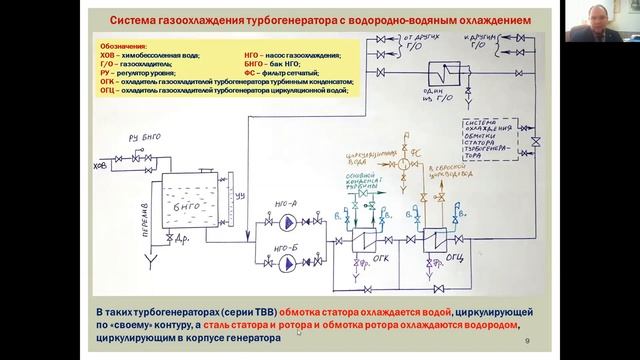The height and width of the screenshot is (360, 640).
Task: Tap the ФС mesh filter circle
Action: tap(404, 161)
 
